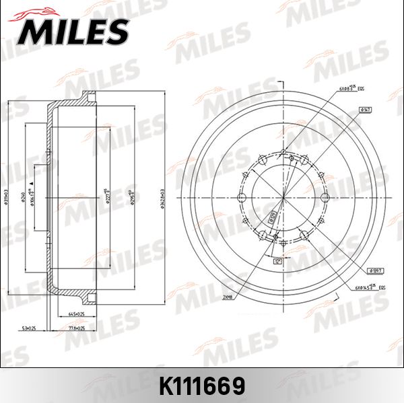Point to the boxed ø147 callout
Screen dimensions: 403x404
click(x=366, y=109)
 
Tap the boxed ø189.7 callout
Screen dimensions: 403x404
click(x=376, y=270)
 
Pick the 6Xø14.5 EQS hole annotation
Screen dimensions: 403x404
click(x=366, y=287)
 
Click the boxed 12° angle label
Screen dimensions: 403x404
click(x=277, y=259)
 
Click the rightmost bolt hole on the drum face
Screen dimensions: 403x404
click(x=325, y=197)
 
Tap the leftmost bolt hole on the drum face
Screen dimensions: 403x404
click(x=240, y=197)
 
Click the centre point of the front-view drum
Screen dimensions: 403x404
click(x=283, y=197)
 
